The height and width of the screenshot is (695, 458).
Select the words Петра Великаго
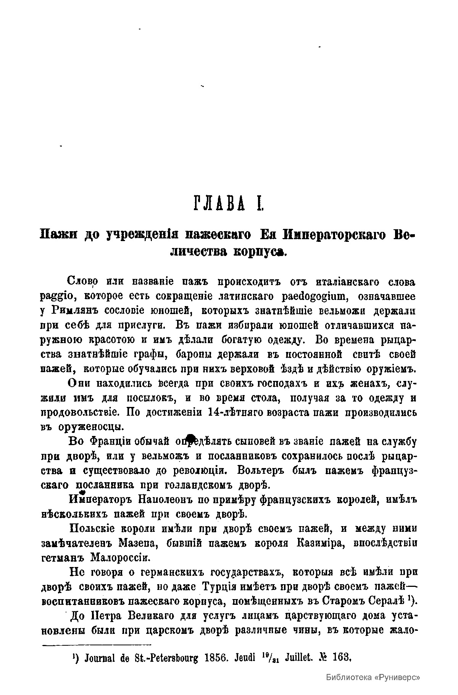click(x=134, y=616)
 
